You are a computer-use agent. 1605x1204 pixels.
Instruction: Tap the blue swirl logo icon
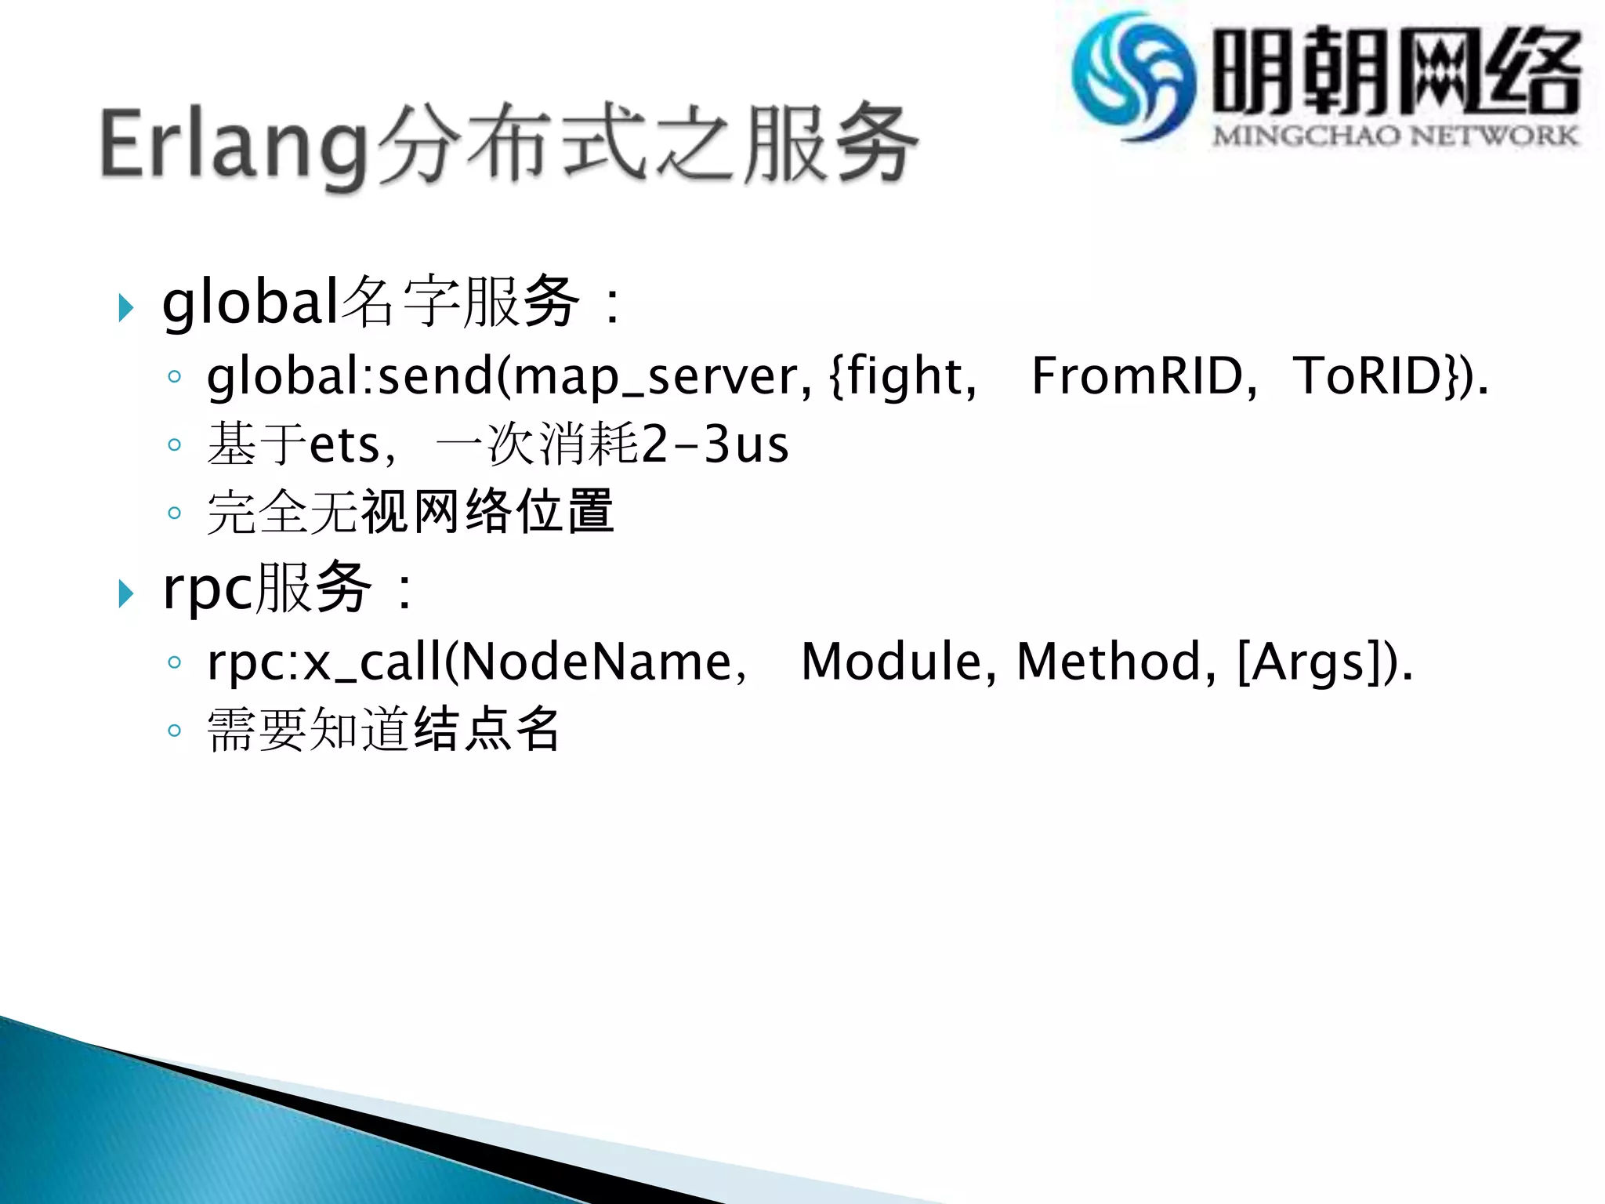1133,77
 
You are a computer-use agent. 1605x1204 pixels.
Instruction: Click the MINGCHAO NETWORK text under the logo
1395,136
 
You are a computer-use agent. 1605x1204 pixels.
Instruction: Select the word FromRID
1136,376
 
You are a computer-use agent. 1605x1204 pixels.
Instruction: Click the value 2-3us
715,445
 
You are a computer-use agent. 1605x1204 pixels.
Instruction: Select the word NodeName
596,662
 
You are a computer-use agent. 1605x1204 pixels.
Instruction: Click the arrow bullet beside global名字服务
125,307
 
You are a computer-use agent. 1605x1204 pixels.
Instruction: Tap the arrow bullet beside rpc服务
125,593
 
